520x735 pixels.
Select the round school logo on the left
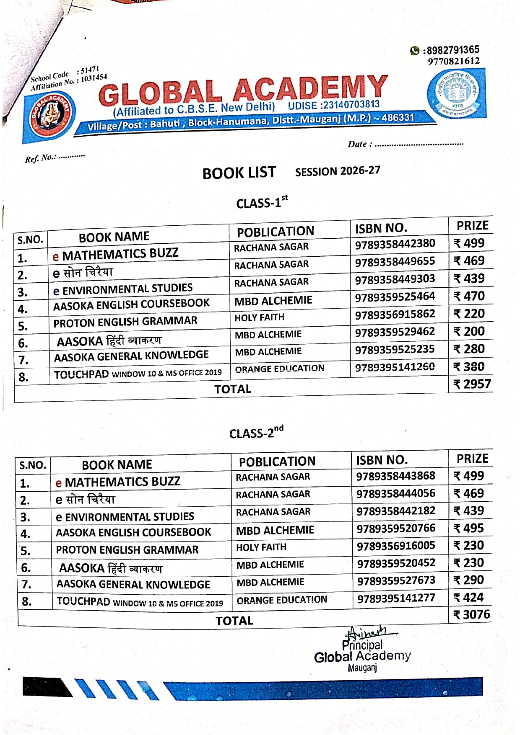click(x=50, y=115)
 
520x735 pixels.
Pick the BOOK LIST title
click(x=239, y=173)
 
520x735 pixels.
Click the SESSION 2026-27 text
click(x=338, y=171)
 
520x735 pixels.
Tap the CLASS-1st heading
click(x=262, y=202)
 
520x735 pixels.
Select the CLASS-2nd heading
click(x=256, y=432)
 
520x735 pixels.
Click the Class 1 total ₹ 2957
click(x=472, y=384)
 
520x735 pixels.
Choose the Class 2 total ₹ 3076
click(x=472, y=614)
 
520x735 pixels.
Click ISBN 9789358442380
click(x=395, y=244)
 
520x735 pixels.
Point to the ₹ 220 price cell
click(x=469, y=314)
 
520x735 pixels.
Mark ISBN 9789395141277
click(x=396, y=598)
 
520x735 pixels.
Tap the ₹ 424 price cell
click(x=469, y=597)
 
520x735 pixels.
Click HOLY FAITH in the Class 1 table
click(x=259, y=317)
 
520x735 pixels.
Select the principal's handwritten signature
click(x=368, y=632)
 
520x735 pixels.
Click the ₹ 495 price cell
click(x=469, y=528)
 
